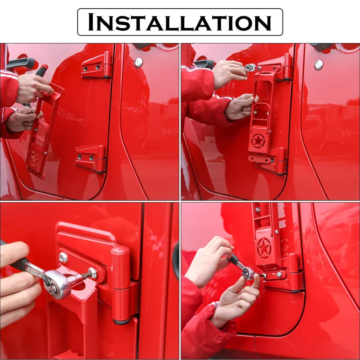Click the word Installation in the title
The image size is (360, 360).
[x=180, y=22]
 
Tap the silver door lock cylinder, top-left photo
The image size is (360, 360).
[x=138, y=63]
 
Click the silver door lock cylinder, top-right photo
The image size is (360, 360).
[x=319, y=65]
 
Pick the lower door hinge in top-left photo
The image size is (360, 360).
[x=92, y=158]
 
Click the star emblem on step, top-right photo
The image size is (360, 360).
[x=258, y=140]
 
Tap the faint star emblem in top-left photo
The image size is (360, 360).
[x=34, y=158]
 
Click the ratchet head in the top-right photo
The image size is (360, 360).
[x=250, y=68]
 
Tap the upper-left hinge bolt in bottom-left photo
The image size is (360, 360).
[x=63, y=257]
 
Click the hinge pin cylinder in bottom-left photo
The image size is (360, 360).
[x=121, y=285]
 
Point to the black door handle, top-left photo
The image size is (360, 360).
[x=21, y=63]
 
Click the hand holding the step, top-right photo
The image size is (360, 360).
[x=241, y=107]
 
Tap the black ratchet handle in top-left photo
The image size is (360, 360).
[x=41, y=71]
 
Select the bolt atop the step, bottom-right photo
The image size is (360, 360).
[x=258, y=210]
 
